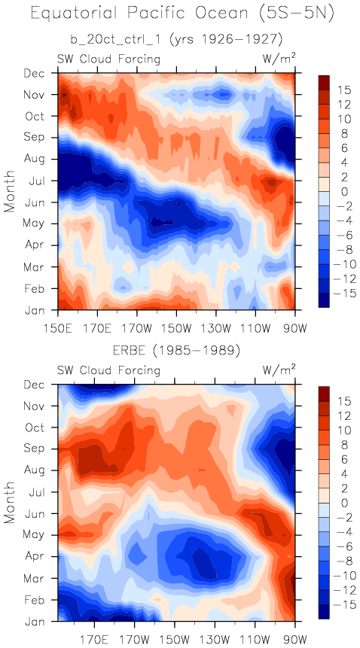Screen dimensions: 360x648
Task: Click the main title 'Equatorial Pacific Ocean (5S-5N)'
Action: [x=182, y=15]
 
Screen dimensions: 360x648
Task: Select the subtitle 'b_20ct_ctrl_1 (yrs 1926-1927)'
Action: [x=176, y=40]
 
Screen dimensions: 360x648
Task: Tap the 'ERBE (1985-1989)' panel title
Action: [x=176, y=351]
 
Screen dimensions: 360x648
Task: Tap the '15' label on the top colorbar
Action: [x=335, y=90]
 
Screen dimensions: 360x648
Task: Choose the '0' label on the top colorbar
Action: [x=332, y=192]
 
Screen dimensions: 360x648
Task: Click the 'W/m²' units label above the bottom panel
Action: [x=279, y=370]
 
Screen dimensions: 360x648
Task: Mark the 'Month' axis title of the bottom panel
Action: [x=10, y=503]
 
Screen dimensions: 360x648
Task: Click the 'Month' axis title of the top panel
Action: [x=10, y=191]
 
